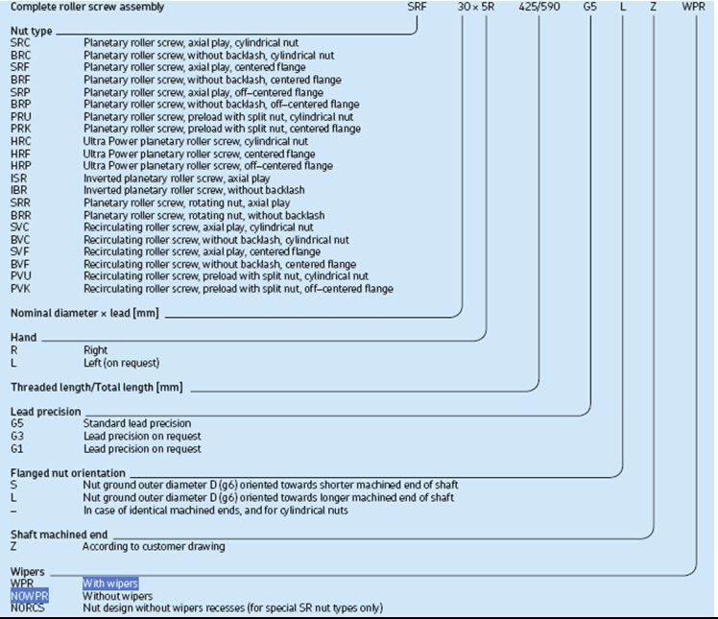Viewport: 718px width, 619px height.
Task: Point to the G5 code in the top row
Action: [x=589, y=7]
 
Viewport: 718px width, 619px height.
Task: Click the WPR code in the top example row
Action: [x=695, y=7]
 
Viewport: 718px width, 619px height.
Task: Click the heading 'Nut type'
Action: [x=31, y=32]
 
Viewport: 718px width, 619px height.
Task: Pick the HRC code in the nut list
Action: [x=21, y=141]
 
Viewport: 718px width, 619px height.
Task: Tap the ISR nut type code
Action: [x=19, y=179]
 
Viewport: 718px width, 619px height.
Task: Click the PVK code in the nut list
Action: [x=21, y=289]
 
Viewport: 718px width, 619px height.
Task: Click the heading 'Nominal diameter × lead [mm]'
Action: [x=83, y=313]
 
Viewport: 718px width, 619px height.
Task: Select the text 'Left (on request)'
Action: [x=121, y=363]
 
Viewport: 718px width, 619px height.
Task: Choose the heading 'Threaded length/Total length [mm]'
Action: [x=96, y=387]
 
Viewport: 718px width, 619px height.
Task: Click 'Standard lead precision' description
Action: [x=137, y=423]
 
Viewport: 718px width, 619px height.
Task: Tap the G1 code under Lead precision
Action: [x=17, y=448]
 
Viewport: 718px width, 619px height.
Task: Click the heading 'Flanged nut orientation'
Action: [x=67, y=473]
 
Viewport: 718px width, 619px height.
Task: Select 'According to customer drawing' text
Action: [x=154, y=547]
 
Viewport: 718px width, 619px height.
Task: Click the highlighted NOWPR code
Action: [x=29, y=596]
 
